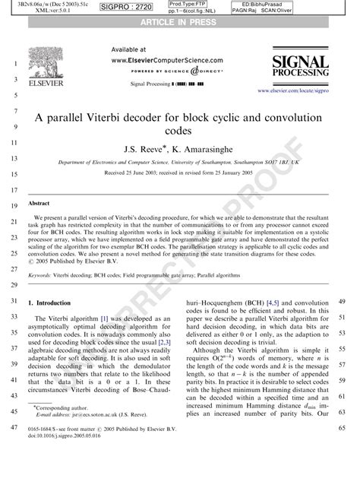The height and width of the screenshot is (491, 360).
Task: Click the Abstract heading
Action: [39, 204]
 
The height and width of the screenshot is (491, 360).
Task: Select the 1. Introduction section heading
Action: [55, 303]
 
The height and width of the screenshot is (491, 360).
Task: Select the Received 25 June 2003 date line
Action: [179, 173]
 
